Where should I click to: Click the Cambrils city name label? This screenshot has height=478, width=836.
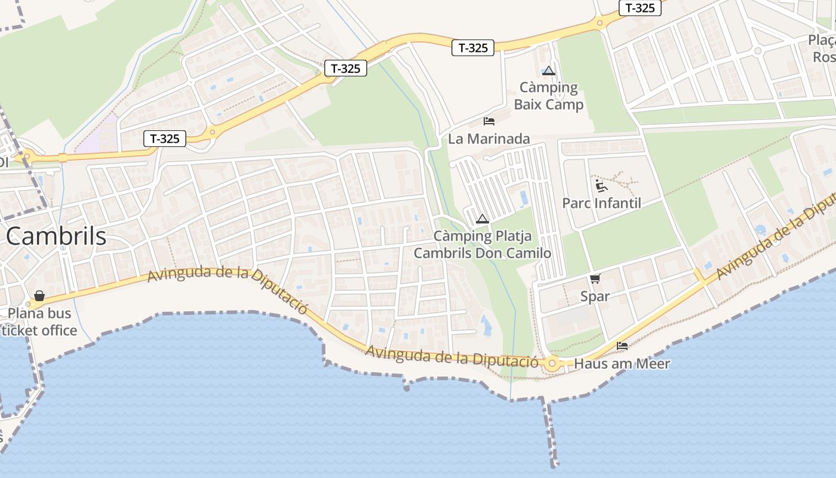pyautogui.click(x=57, y=237)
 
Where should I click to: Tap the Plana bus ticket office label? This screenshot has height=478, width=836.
pyautogui.click(x=39, y=321)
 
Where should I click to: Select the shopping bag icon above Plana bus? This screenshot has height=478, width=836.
pyautogui.click(x=39, y=296)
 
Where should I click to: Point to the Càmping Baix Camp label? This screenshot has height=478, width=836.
pyautogui.click(x=549, y=96)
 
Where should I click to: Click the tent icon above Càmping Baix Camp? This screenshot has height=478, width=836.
pyautogui.click(x=549, y=71)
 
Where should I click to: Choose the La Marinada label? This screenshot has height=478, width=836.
pyautogui.click(x=489, y=139)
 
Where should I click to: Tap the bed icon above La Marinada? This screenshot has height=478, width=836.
pyautogui.click(x=489, y=121)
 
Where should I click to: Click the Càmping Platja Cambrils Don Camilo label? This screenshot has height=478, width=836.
pyautogui.click(x=482, y=244)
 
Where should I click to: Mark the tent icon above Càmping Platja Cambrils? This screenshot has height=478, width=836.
pyautogui.click(x=482, y=219)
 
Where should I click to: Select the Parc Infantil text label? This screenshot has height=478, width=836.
pyautogui.click(x=601, y=203)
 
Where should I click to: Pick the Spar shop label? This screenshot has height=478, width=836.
pyautogui.click(x=595, y=296)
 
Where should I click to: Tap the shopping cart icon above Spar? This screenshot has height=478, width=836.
pyautogui.click(x=595, y=278)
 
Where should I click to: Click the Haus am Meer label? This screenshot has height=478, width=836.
pyautogui.click(x=622, y=363)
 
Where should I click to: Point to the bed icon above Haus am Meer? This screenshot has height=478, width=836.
pyautogui.click(x=622, y=345)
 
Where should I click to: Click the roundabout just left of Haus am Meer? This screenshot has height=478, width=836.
pyautogui.click(x=552, y=363)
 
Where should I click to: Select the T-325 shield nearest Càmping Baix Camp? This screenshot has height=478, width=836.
pyautogui.click(x=473, y=48)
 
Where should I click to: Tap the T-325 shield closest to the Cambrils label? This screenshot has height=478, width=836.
pyautogui.click(x=165, y=139)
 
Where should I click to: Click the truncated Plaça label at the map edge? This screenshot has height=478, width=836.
pyautogui.click(x=823, y=48)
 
